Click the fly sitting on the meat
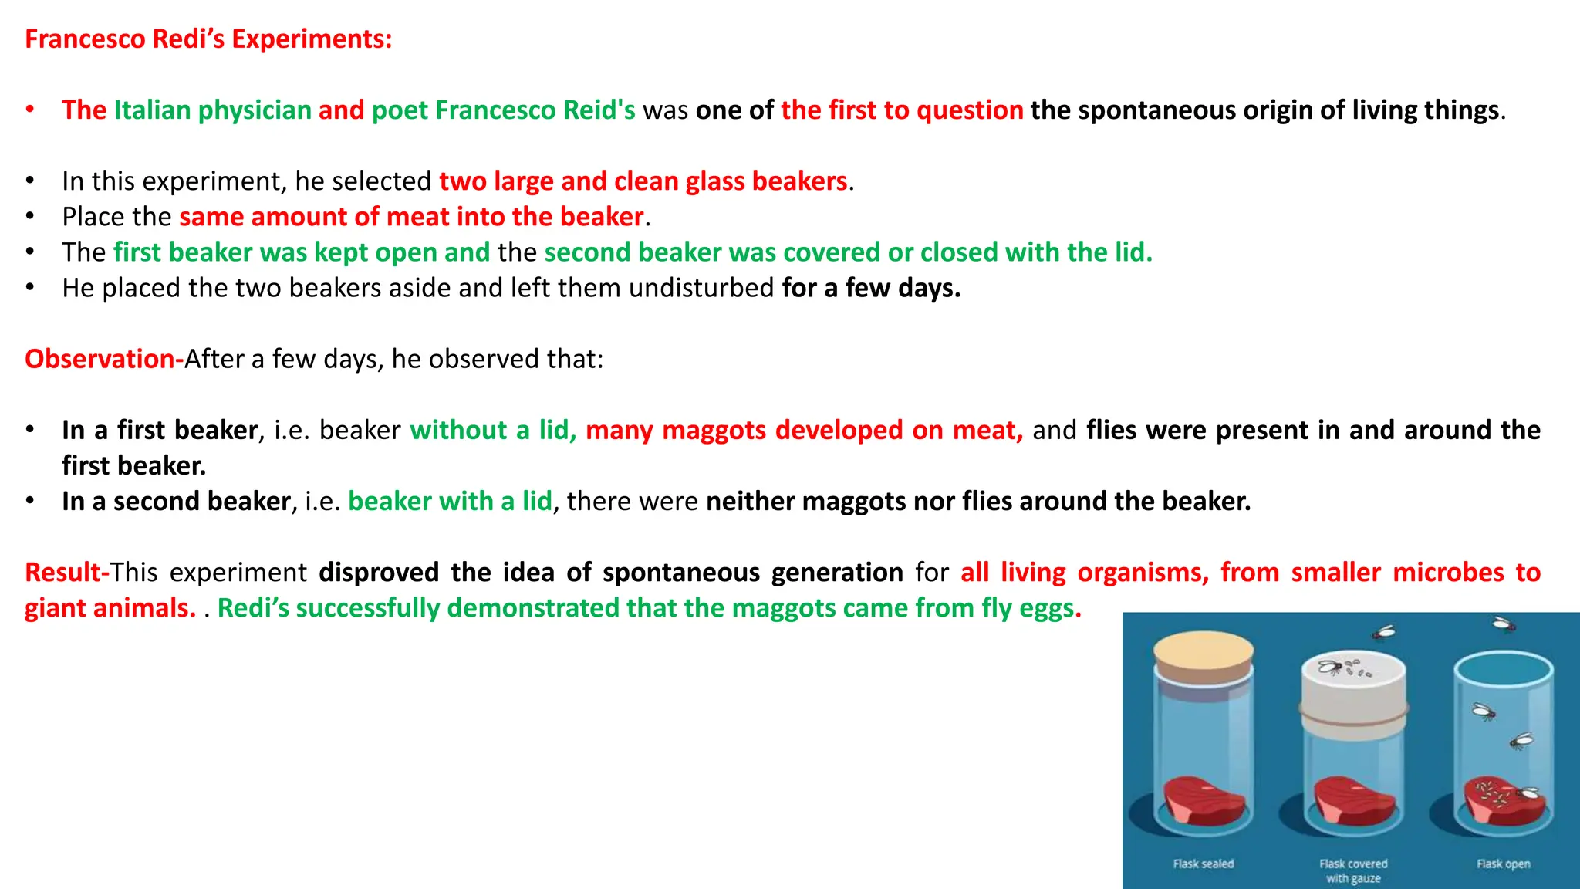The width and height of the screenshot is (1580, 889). click(1526, 793)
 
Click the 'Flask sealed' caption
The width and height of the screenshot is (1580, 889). click(1204, 864)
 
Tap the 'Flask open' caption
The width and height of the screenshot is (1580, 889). click(1503, 864)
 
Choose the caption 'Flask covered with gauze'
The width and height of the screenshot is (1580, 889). click(1353, 870)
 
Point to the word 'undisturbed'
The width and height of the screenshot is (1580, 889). click(701, 288)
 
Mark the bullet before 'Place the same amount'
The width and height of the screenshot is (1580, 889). click(30, 217)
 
